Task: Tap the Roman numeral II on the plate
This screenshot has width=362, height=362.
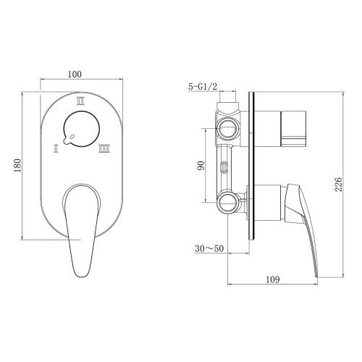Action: [81, 101]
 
